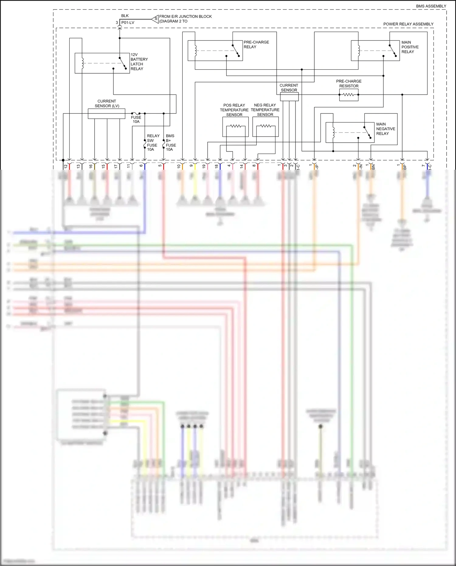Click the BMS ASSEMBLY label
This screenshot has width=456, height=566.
431,6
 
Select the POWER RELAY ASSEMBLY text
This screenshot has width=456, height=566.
408,24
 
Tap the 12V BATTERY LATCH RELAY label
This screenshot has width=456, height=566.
139,62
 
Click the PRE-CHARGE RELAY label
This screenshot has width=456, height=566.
256,44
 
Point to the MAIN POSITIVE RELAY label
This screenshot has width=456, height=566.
409,47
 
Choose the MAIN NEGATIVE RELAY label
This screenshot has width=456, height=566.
385,129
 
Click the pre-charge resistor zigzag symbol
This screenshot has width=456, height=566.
348,95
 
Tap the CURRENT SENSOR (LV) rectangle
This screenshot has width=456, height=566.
106,114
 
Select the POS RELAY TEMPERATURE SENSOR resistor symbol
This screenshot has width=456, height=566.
235,126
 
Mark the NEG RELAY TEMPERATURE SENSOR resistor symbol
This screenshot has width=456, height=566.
265,126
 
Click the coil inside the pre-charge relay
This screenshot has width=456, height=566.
196,51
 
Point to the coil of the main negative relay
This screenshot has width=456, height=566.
333,132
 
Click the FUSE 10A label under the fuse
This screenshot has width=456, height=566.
136,120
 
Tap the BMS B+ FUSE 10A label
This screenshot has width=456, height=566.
170,143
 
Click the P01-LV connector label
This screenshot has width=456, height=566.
128,23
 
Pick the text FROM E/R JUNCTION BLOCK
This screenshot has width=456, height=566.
185,16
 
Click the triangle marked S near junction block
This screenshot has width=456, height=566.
155,19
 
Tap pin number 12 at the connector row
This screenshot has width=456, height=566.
66,166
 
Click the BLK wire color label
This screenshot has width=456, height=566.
125,16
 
